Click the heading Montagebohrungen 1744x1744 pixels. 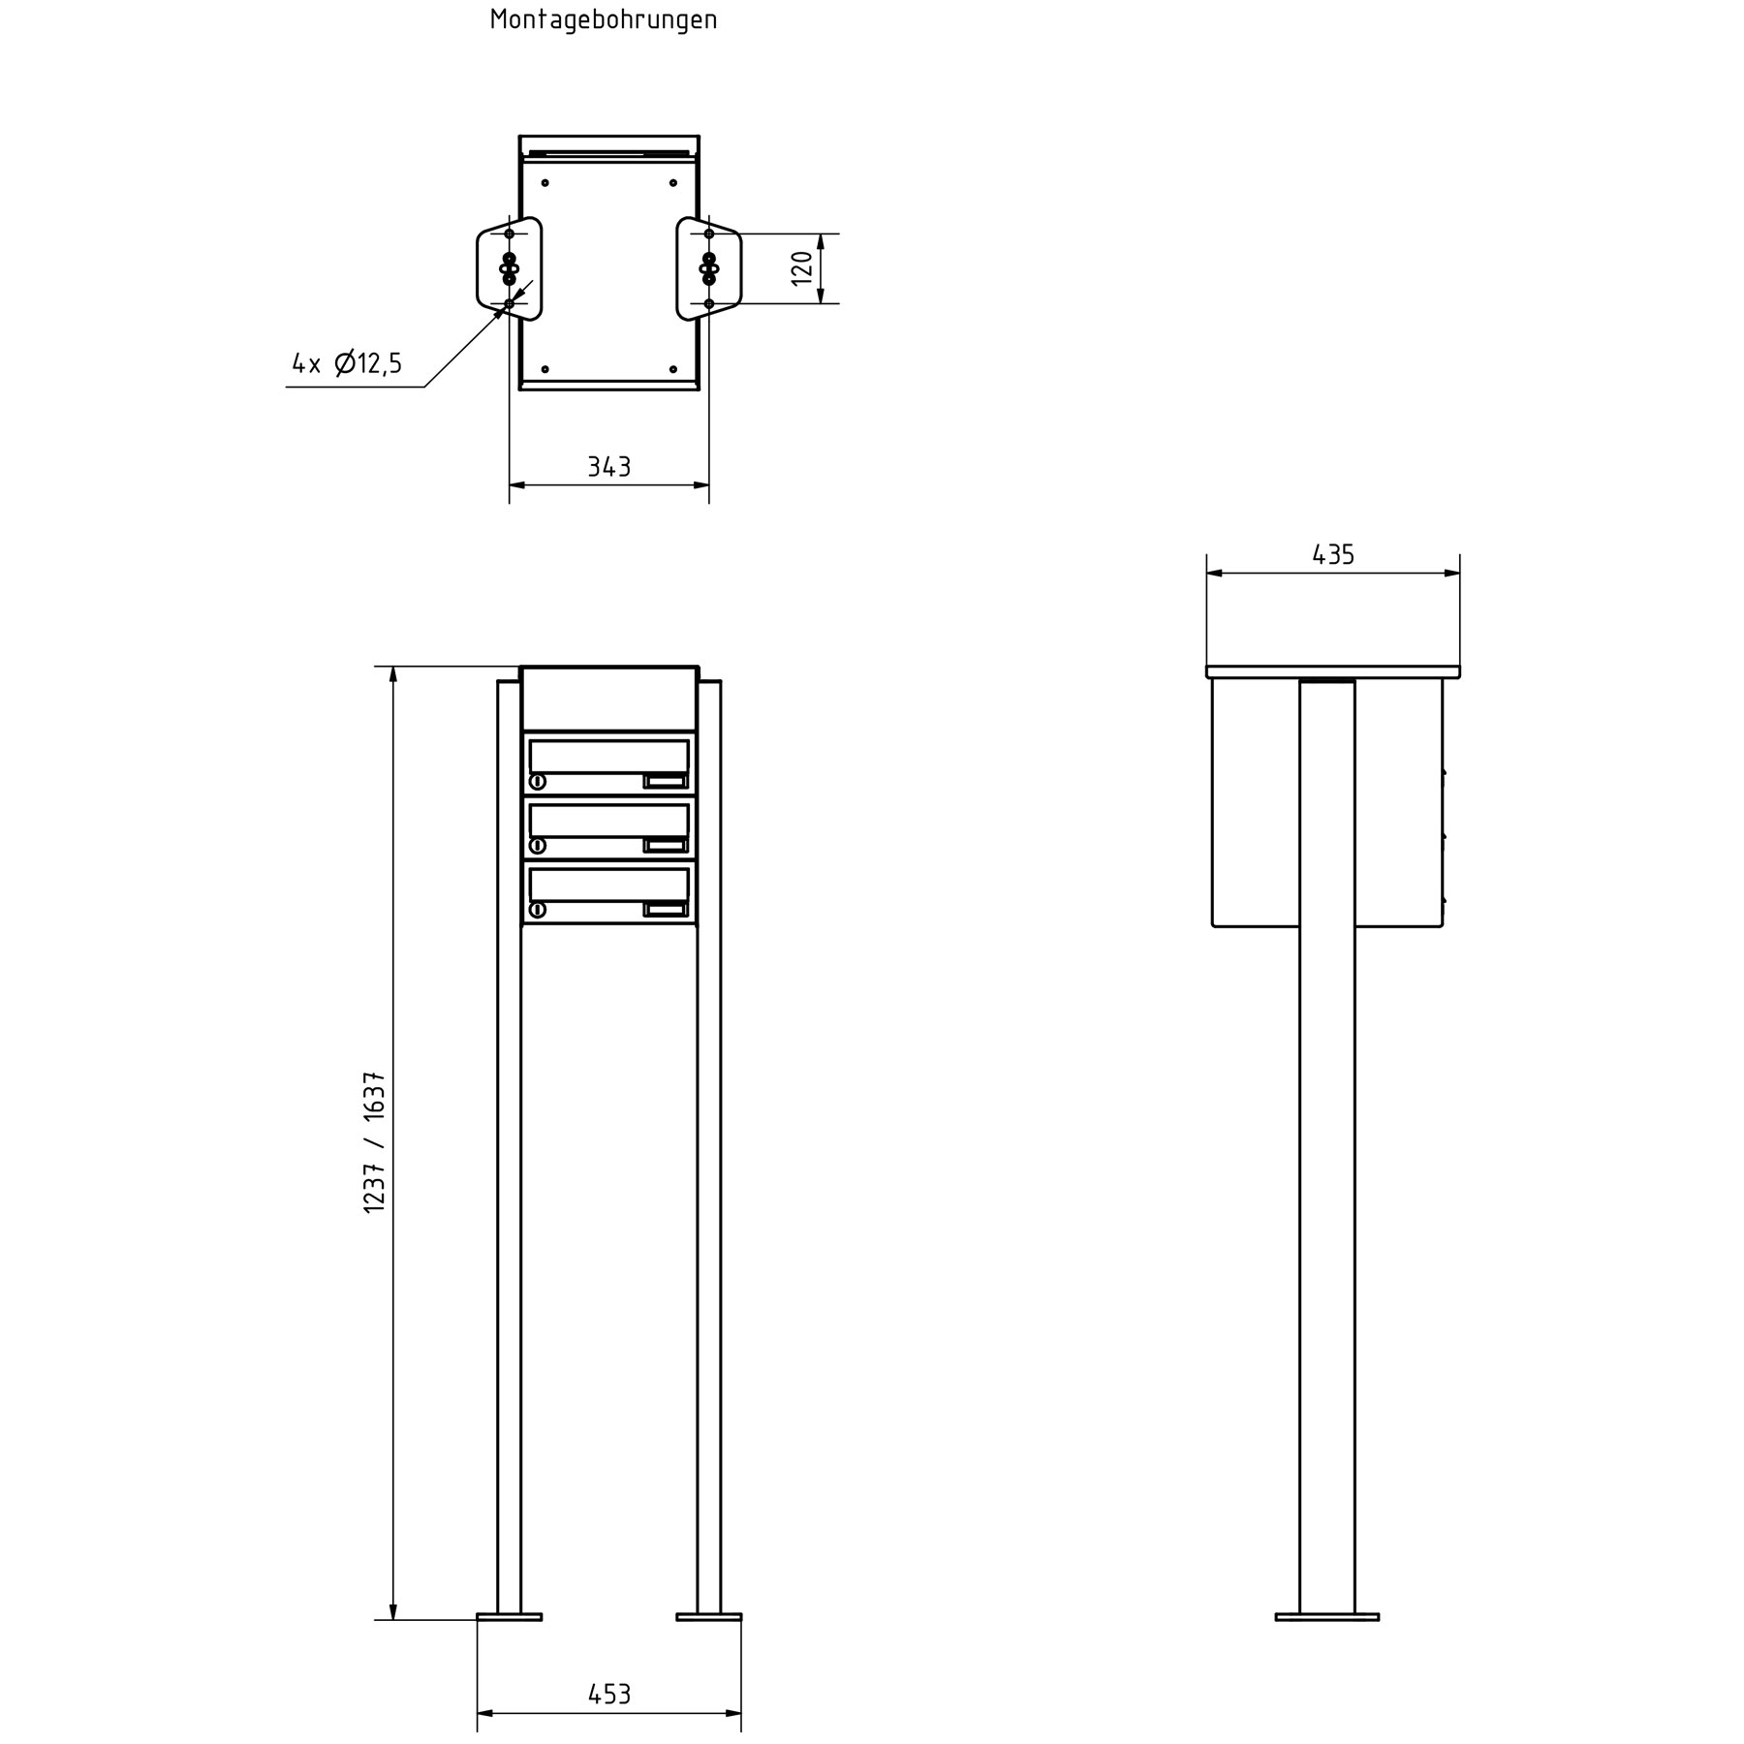click(x=604, y=19)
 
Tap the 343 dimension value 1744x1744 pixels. click(x=609, y=467)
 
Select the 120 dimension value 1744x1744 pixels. click(x=801, y=267)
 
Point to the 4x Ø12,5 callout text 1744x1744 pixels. click(x=347, y=363)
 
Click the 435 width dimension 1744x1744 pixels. click(x=1333, y=554)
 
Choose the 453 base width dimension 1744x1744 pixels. click(x=609, y=1694)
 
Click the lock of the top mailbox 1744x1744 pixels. click(x=538, y=782)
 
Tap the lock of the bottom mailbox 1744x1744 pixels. click(x=538, y=910)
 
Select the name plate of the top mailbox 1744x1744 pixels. click(x=666, y=781)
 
